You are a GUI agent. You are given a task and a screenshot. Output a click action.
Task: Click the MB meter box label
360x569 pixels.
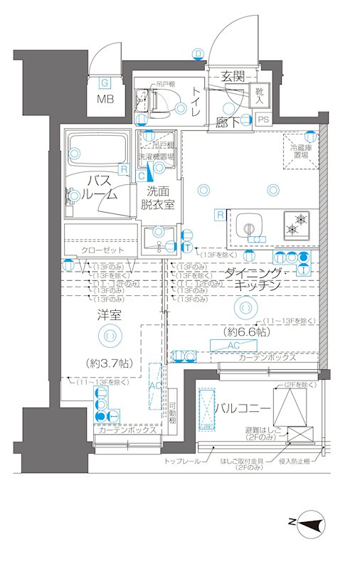104,98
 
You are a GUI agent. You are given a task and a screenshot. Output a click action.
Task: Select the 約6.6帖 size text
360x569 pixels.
244,332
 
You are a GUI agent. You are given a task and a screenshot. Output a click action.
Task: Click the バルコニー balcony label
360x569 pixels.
242,409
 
